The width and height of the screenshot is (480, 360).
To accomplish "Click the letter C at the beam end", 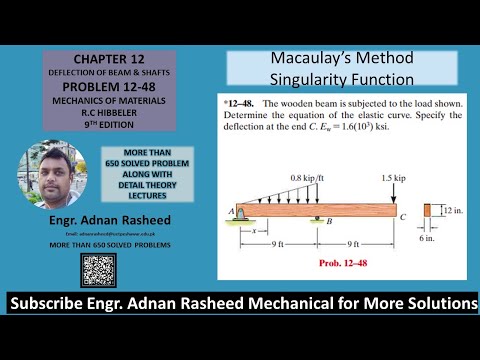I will click(x=403, y=215).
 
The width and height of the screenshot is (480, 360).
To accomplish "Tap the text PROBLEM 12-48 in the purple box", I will click(x=95, y=87).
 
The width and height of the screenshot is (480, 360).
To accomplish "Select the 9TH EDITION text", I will click(x=95, y=126).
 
